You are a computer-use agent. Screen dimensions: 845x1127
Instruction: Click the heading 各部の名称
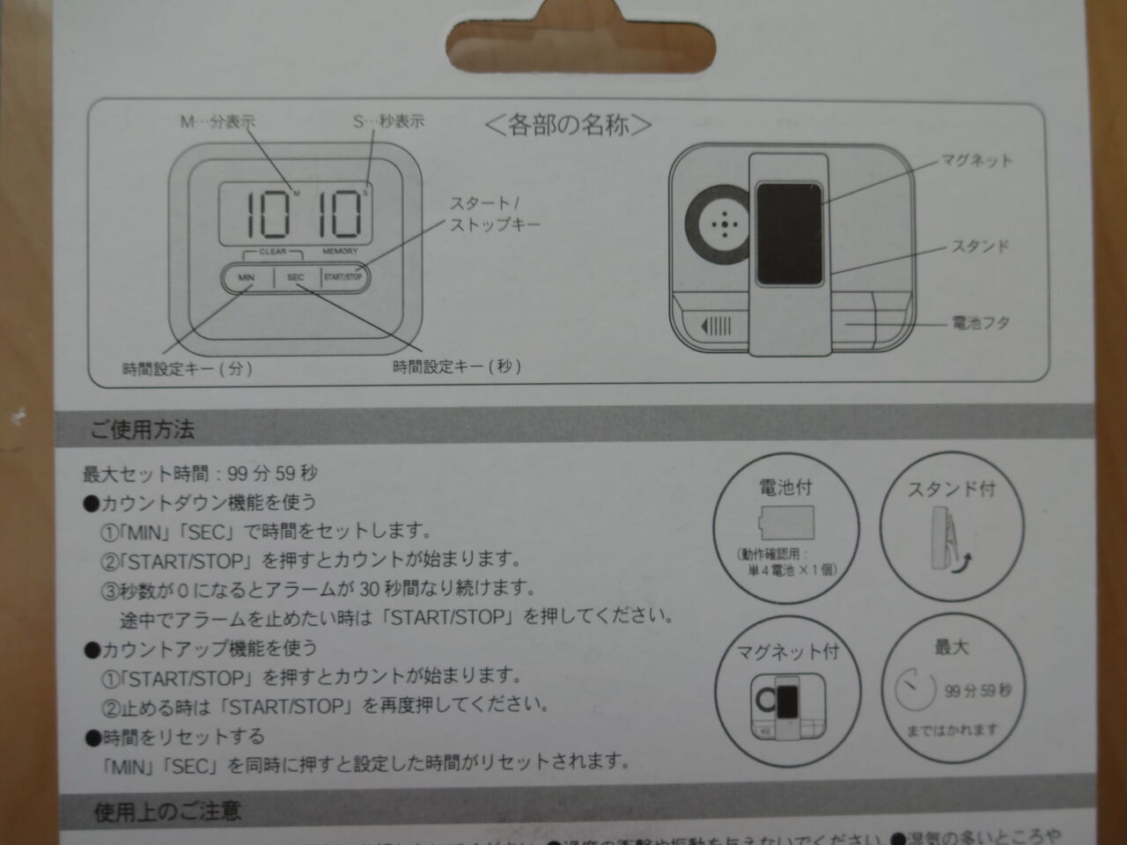(x=569, y=125)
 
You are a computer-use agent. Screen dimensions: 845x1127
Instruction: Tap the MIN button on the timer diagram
(x=246, y=277)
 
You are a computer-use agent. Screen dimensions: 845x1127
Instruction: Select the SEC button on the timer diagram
(x=296, y=277)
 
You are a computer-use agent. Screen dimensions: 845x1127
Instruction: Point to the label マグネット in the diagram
(x=976, y=160)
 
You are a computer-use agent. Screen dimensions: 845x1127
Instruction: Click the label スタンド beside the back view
(x=979, y=246)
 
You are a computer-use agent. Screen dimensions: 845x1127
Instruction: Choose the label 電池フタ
(x=980, y=323)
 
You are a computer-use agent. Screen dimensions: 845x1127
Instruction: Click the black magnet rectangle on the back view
(x=789, y=234)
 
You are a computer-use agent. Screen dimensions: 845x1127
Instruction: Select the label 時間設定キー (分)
(x=188, y=368)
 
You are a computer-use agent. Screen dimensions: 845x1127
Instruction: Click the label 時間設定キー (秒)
(x=457, y=366)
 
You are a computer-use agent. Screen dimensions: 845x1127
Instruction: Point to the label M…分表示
(x=217, y=122)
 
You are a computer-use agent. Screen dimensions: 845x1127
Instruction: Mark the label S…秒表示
(x=388, y=121)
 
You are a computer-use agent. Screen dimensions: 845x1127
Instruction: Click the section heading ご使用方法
(x=142, y=430)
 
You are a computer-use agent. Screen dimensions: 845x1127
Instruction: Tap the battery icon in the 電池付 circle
(x=786, y=523)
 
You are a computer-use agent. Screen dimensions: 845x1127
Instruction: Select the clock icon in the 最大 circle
(x=915, y=690)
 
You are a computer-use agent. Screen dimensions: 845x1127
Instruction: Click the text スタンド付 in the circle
(x=951, y=489)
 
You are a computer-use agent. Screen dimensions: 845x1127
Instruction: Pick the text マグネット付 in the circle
(x=788, y=652)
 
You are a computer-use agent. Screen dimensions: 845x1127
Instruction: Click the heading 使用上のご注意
(x=167, y=811)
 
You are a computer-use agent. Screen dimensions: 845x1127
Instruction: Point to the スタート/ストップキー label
(x=494, y=214)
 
